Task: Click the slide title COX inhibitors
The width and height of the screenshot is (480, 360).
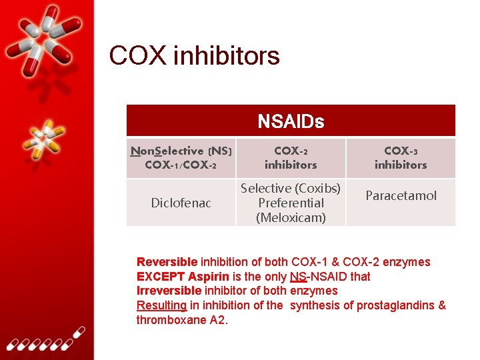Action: pos(194,56)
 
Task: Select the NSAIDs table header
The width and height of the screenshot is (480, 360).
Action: pos(291,121)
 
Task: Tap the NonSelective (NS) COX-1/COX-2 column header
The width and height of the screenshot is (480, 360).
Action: pos(181,158)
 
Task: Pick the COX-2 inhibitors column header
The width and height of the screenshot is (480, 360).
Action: pos(291,158)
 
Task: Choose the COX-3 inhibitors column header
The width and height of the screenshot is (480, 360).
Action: pos(401,158)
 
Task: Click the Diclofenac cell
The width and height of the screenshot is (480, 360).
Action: pos(181,203)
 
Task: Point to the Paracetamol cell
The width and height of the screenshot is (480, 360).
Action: pos(401,195)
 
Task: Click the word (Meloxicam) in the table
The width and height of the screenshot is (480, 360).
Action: pos(291,217)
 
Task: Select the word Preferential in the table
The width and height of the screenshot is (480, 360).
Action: pos(291,203)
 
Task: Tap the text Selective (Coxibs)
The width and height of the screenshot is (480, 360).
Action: pos(291,189)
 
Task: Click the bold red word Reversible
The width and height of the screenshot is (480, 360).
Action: pos(167,262)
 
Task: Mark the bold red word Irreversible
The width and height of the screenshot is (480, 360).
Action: pos(169,291)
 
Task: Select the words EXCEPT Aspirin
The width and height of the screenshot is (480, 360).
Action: pos(183,277)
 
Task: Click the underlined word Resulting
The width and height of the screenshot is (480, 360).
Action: pos(161,305)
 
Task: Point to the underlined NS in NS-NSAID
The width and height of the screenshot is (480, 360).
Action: pos(298,277)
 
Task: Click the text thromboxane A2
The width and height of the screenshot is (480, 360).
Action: pos(182,320)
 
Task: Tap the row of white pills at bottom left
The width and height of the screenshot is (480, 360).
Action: pos(43,340)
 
